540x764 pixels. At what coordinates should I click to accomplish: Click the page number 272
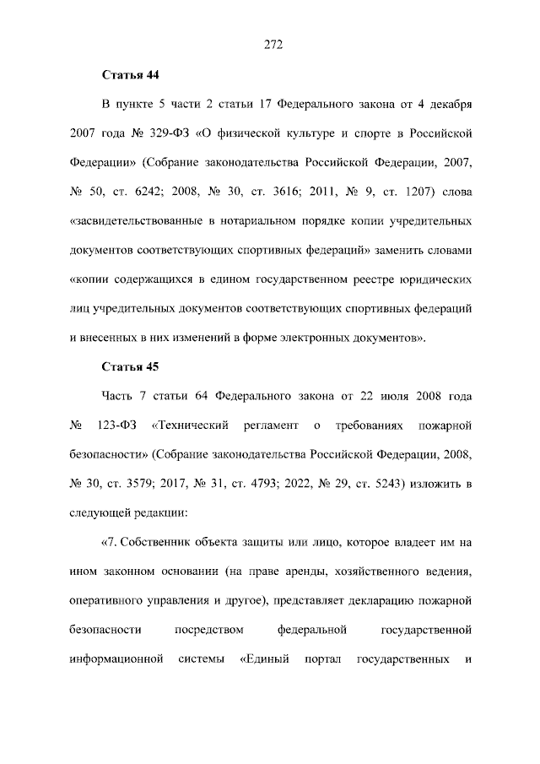coord(270,46)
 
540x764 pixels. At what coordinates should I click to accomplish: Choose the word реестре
coord(363,279)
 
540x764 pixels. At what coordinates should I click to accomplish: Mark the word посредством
coord(209,627)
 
